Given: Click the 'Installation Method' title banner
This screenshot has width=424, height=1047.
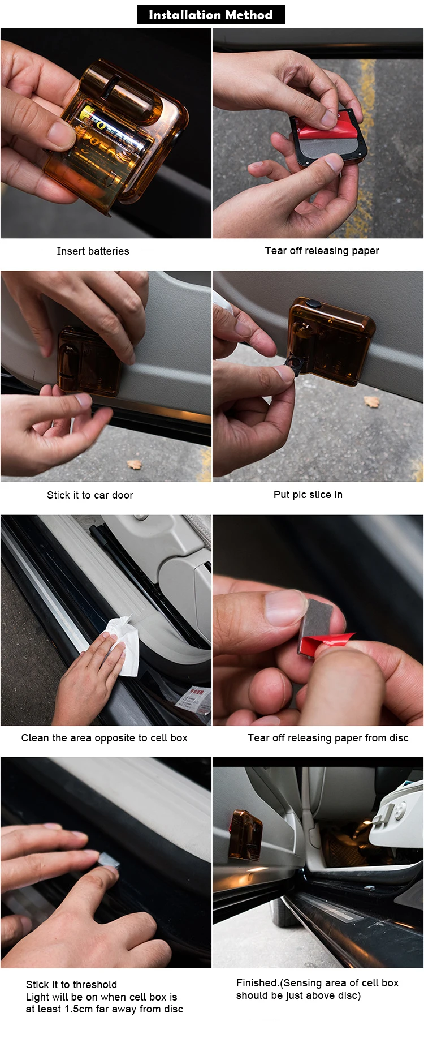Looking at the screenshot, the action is [211, 15].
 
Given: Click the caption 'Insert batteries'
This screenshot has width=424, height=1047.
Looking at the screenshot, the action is [93, 251].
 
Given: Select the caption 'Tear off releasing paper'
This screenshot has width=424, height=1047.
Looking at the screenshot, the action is [322, 251].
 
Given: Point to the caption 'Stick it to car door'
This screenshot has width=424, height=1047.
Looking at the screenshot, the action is [90, 495].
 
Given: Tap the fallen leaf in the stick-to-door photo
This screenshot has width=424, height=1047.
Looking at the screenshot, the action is [134, 465].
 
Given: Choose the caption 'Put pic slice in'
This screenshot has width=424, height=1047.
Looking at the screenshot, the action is [308, 495].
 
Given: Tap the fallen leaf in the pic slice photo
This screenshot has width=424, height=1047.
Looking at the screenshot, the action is [371, 402].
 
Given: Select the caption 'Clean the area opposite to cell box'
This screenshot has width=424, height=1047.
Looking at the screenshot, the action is [105, 738].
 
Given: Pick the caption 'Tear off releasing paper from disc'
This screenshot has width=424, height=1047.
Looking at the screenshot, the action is [328, 738].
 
